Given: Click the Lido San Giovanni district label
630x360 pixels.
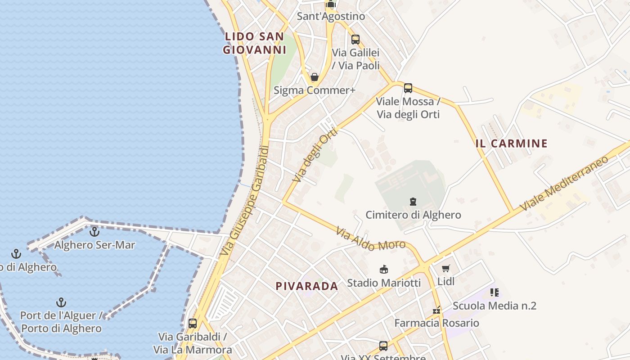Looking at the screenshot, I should coord(255,43).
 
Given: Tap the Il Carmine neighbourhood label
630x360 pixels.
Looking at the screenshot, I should coord(512,144).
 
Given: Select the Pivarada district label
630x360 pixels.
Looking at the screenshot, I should coord(307,286).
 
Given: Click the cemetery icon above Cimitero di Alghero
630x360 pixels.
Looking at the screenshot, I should coord(413,202).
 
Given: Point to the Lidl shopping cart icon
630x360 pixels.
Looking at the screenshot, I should coord(445,269).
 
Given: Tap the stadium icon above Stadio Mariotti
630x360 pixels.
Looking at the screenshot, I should coord(384,270).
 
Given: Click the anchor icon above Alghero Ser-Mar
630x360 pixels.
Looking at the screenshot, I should coord(94,232).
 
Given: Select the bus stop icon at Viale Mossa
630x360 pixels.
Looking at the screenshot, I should coord(408,88).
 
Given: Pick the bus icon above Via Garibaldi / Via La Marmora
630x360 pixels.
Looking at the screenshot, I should coord(193,323).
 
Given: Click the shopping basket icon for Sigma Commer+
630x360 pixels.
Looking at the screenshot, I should coord(315,77).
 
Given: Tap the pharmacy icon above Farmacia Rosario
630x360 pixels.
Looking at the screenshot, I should coord(436,310).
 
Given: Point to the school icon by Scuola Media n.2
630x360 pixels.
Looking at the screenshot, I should coord(495,292).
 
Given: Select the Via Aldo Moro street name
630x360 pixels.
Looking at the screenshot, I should coord(371,239).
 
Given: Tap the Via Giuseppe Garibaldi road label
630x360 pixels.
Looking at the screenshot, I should coord(245,201).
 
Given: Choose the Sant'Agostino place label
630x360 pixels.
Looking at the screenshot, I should coord(331,16).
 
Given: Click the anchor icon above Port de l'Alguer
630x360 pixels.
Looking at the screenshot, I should coord(61,302).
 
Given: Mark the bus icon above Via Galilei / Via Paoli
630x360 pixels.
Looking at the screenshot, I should coord(355,40).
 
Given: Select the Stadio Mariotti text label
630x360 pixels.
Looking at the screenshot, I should coord(384,283).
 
